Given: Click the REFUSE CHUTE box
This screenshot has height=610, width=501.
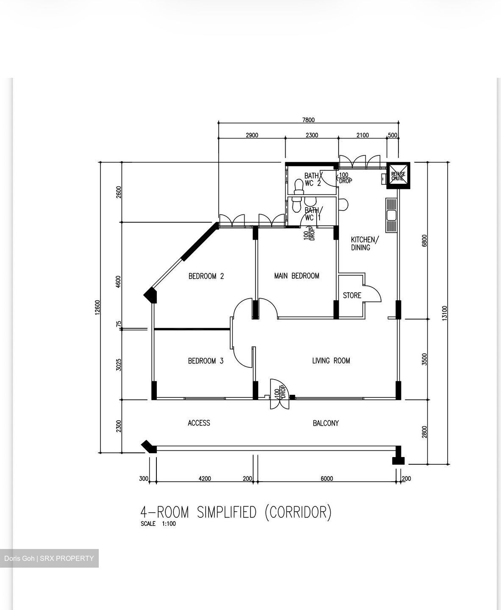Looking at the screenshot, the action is pyautogui.click(x=398, y=175).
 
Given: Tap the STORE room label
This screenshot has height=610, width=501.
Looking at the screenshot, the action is pyautogui.click(x=352, y=295).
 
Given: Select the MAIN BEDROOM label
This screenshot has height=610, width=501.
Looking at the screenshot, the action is pyautogui.click(x=297, y=276).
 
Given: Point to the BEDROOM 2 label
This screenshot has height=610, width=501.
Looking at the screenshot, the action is pyautogui.click(x=206, y=276).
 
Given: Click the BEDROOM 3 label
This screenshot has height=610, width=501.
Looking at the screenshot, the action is pyautogui.click(x=206, y=360).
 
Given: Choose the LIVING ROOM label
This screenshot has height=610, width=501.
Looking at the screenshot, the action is pyautogui.click(x=331, y=360).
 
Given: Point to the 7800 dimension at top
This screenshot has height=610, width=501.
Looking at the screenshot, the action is pyautogui.click(x=309, y=120).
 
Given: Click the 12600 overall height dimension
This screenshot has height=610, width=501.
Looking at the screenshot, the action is pyautogui.click(x=97, y=307).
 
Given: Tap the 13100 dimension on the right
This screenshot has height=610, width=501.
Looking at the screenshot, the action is pyautogui.click(x=445, y=313).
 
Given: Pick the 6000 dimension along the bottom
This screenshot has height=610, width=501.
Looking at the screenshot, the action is pyautogui.click(x=327, y=479).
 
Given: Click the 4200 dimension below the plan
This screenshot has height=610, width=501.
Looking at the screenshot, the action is pyautogui.click(x=205, y=479).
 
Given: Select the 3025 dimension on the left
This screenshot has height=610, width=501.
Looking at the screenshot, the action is pyautogui.click(x=119, y=365).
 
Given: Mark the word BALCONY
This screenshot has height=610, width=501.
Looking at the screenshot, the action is pyautogui.click(x=326, y=423).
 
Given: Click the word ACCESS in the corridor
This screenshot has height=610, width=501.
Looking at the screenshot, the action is pyautogui.click(x=199, y=423).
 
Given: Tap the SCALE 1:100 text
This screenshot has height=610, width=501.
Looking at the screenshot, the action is pyautogui.click(x=158, y=524).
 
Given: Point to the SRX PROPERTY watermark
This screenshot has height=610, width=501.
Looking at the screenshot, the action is pyautogui.click(x=67, y=558).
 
